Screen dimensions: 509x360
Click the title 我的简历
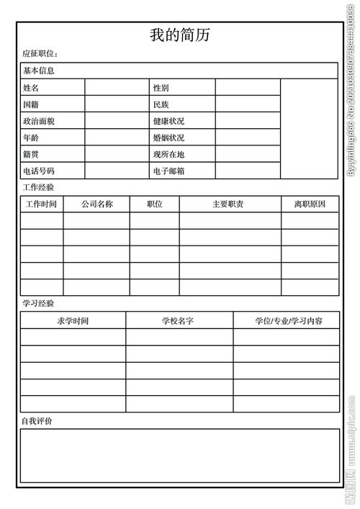pyautogui.click(x=179, y=35)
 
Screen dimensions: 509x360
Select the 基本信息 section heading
pyautogui.click(x=39, y=71)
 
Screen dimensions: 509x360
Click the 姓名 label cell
pyautogui.click(x=31, y=88)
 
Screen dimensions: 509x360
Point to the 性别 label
pyautogui.click(x=161, y=88)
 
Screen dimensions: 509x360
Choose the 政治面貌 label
pyautogui.click(x=39, y=121)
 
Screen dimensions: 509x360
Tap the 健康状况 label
pyautogui.click(x=168, y=121)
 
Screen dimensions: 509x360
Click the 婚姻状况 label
pyautogui.click(x=168, y=138)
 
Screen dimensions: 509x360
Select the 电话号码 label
pyautogui.click(x=39, y=171)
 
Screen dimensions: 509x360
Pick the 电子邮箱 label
pyautogui.click(x=168, y=171)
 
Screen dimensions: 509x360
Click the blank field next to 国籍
pyautogui.click(x=117, y=104)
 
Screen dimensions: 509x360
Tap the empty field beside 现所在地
pyautogui.click(x=247, y=154)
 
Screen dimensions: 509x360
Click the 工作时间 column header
pyautogui.click(x=41, y=204)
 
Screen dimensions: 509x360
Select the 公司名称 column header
pyautogui.click(x=96, y=204)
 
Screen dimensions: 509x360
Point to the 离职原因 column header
pyautogui.click(x=310, y=204)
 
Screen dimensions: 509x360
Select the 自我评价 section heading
pyautogui.click(x=37, y=420)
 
